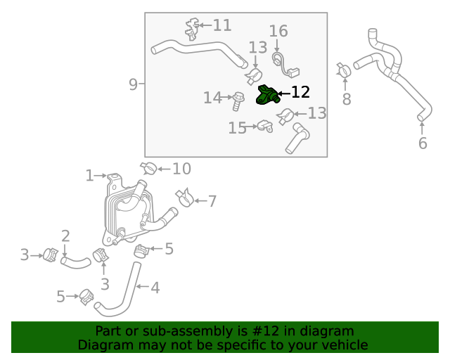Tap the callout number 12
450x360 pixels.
tap(300, 92)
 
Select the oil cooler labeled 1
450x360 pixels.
tap(127, 207)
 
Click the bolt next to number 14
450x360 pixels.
tap(238, 99)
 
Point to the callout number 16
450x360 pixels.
tap(278, 31)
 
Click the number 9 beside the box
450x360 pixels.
tap(133, 85)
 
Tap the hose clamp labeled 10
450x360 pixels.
tap(148, 169)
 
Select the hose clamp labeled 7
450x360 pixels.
tap(184, 198)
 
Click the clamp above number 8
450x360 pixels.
tap(344, 70)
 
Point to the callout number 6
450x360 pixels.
tap(423, 143)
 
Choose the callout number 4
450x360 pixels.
tap(155, 287)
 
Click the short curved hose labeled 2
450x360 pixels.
tap(75, 262)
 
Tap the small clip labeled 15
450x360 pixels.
tap(264, 127)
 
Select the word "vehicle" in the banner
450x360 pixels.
tap(344, 345)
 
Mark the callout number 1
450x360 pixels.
tap(90, 175)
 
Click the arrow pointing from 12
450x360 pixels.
tap(283, 93)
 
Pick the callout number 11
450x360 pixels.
tap(221, 26)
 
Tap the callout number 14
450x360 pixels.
tap(212, 98)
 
